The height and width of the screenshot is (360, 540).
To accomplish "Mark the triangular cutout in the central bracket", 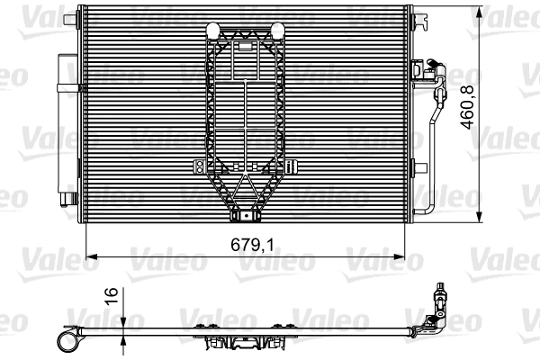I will pos(243,188).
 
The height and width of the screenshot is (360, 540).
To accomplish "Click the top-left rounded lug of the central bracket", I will pos(212,30).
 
